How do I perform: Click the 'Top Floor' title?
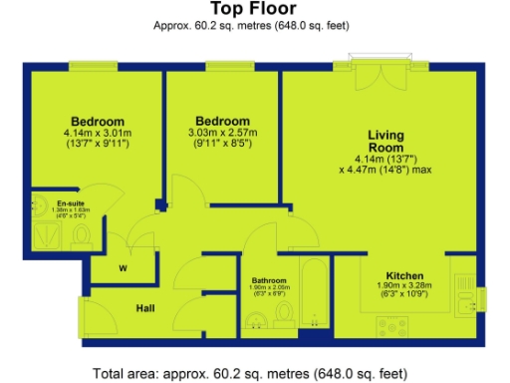[254, 10]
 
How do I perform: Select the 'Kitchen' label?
[405, 275]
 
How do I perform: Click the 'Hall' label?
[144, 309]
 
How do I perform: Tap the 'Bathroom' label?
[270, 280]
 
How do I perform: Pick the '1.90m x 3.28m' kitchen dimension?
[405, 287]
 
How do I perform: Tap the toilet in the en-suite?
[83, 233]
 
